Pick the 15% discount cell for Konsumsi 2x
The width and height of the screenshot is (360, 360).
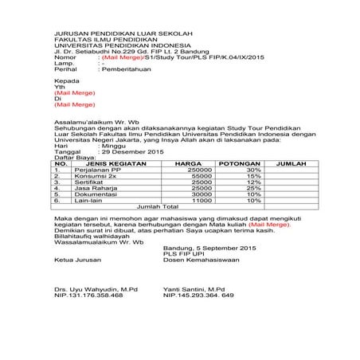[253, 177]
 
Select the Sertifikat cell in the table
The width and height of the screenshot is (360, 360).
[90, 184]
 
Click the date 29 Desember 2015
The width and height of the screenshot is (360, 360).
[131, 151]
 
